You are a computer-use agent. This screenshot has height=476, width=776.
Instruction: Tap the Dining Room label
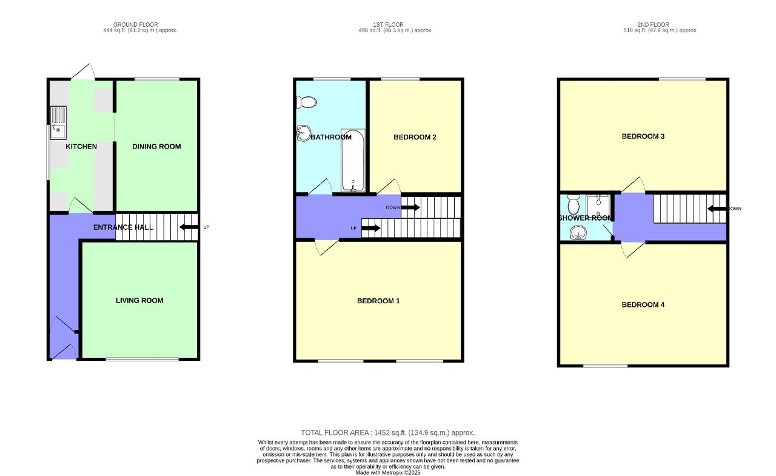[156, 146]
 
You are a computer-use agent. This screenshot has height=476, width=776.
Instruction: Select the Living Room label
[139, 300]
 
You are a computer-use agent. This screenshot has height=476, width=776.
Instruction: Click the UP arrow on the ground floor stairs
[189, 227]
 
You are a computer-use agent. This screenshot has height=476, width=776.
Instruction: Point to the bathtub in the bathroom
[352, 160]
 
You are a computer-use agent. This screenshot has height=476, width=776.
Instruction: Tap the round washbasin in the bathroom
[303, 133]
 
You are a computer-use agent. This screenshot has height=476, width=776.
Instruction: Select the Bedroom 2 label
[415, 137]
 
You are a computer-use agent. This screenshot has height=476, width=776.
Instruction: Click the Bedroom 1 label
[378, 301]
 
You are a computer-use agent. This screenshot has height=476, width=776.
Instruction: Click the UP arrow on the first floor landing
[370, 228]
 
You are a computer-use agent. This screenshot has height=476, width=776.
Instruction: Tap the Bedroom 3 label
[643, 136]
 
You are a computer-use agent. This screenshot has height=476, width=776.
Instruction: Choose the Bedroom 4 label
[643, 304]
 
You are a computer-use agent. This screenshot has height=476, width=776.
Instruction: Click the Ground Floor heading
[140, 25]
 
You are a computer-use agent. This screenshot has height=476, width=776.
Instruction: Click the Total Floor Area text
[388, 432]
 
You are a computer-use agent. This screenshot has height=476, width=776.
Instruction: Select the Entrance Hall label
[123, 227]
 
